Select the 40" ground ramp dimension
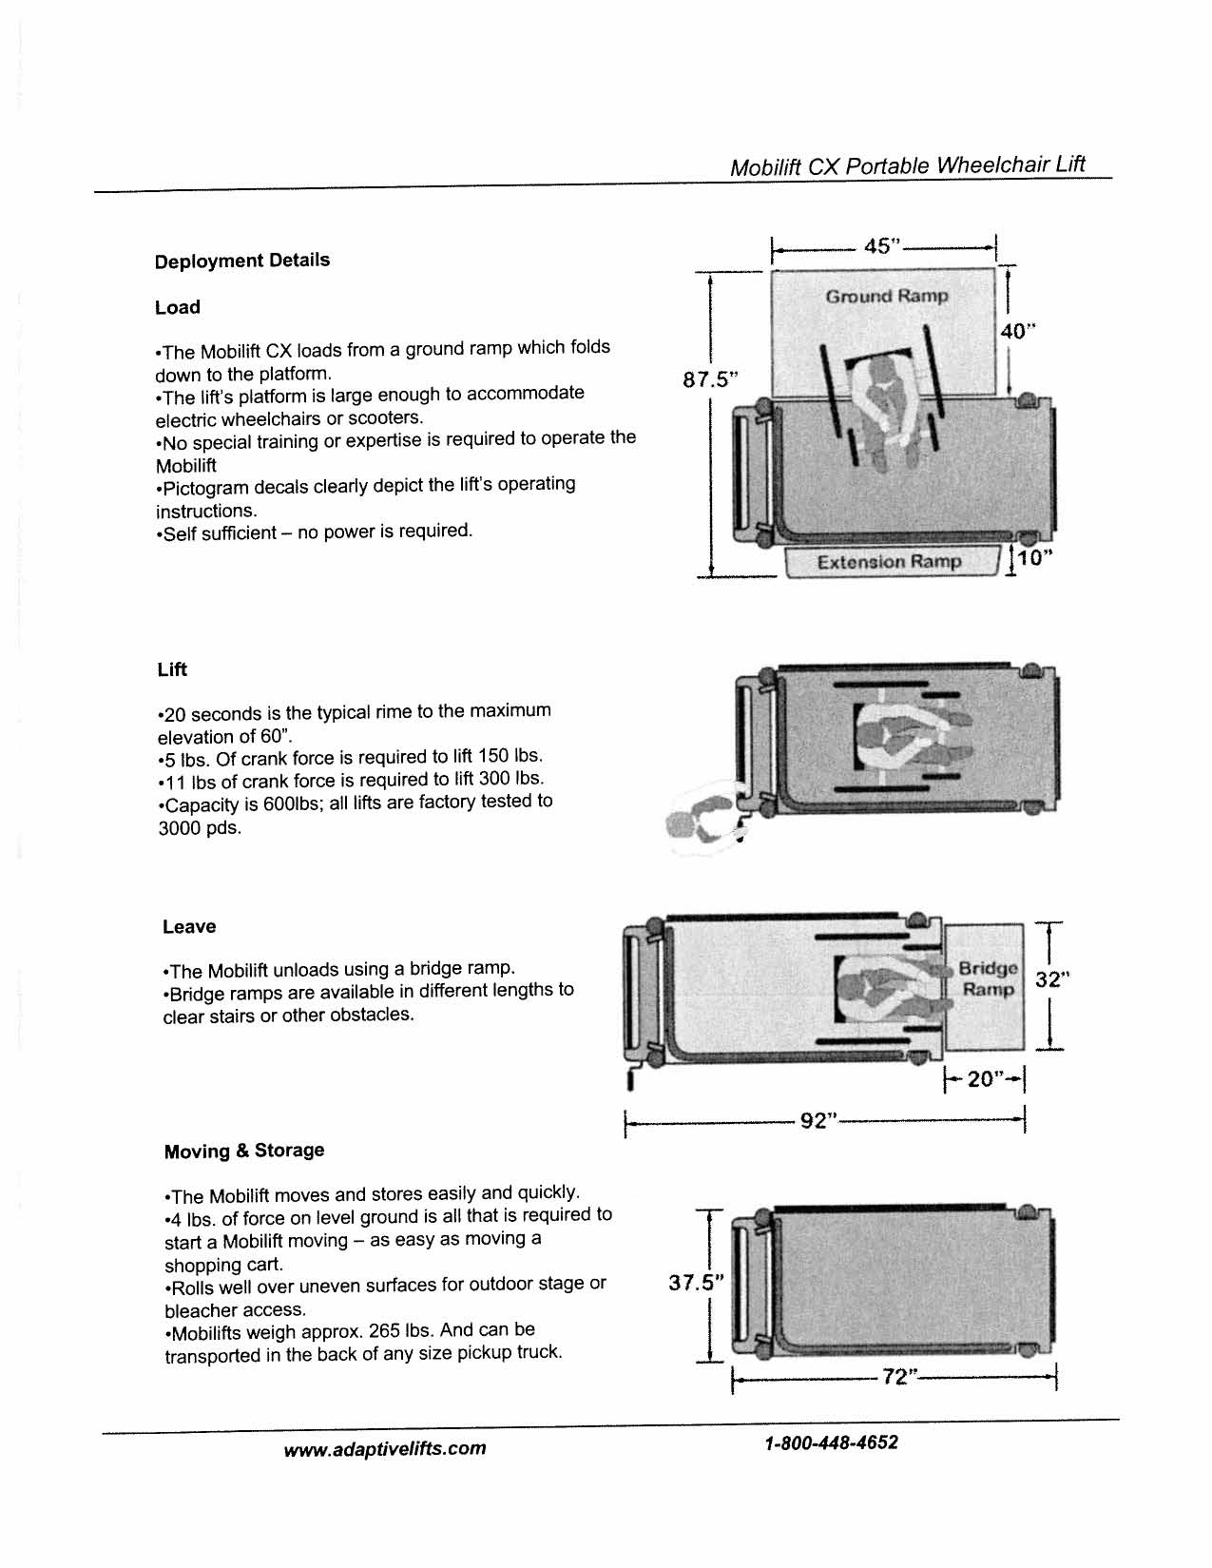pos(1017,331)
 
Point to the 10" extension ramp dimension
pos(1031,558)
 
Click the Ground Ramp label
pos(887,297)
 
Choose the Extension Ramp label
pos(889,562)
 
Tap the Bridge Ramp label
pos(988,979)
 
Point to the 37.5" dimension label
pos(695,1283)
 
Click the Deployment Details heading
pos(242,261)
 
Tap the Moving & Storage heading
pos(244,1151)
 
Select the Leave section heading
pos(189,927)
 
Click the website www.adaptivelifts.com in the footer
pos(385,1449)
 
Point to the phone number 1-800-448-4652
pos(831,1443)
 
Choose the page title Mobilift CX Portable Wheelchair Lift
pos(907,166)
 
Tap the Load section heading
pos(178,308)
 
